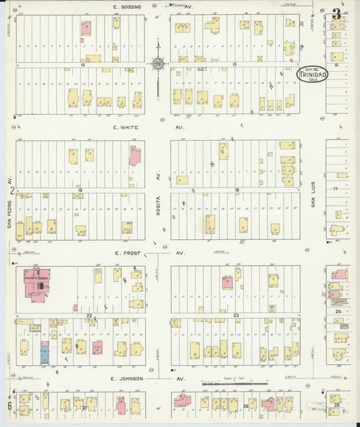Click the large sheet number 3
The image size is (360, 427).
(x=336, y=14)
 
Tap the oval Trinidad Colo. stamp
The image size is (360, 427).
(x=312, y=73)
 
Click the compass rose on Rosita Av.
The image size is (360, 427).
(x=157, y=64)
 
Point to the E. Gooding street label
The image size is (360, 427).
(x=127, y=7)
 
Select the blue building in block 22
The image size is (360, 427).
(x=45, y=352)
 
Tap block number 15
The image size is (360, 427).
(x=234, y=64)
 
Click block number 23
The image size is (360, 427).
(x=236, y=316)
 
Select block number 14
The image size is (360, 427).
(x=82, y=65)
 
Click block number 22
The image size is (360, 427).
(x=88, y=316)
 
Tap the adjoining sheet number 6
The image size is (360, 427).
(x=10, y=405)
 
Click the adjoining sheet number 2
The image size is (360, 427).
(x=11, y=191)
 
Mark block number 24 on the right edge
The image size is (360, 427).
(x=338, y=311)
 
